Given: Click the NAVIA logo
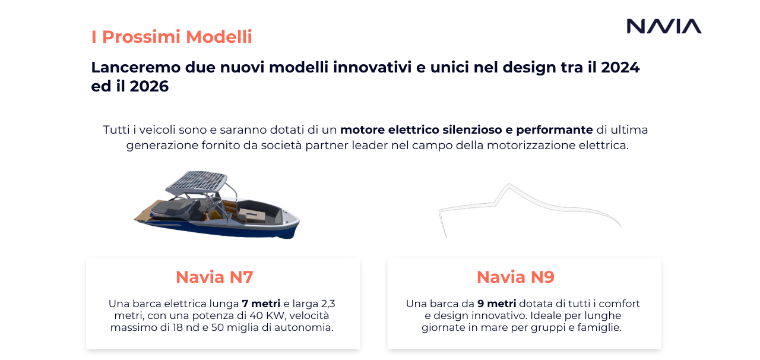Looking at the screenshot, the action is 664,26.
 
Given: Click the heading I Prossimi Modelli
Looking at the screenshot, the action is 172,37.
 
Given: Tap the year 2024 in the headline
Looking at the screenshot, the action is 620,67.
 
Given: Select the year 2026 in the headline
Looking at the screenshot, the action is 149,86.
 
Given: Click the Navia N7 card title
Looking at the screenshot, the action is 214,277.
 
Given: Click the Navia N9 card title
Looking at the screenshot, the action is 516,277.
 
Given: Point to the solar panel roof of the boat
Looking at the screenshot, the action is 197,181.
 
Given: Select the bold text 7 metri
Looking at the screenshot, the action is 261,304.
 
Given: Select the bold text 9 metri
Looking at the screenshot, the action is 497,304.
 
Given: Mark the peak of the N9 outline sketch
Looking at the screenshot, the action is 509,184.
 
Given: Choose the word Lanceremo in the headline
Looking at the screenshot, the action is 136,67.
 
